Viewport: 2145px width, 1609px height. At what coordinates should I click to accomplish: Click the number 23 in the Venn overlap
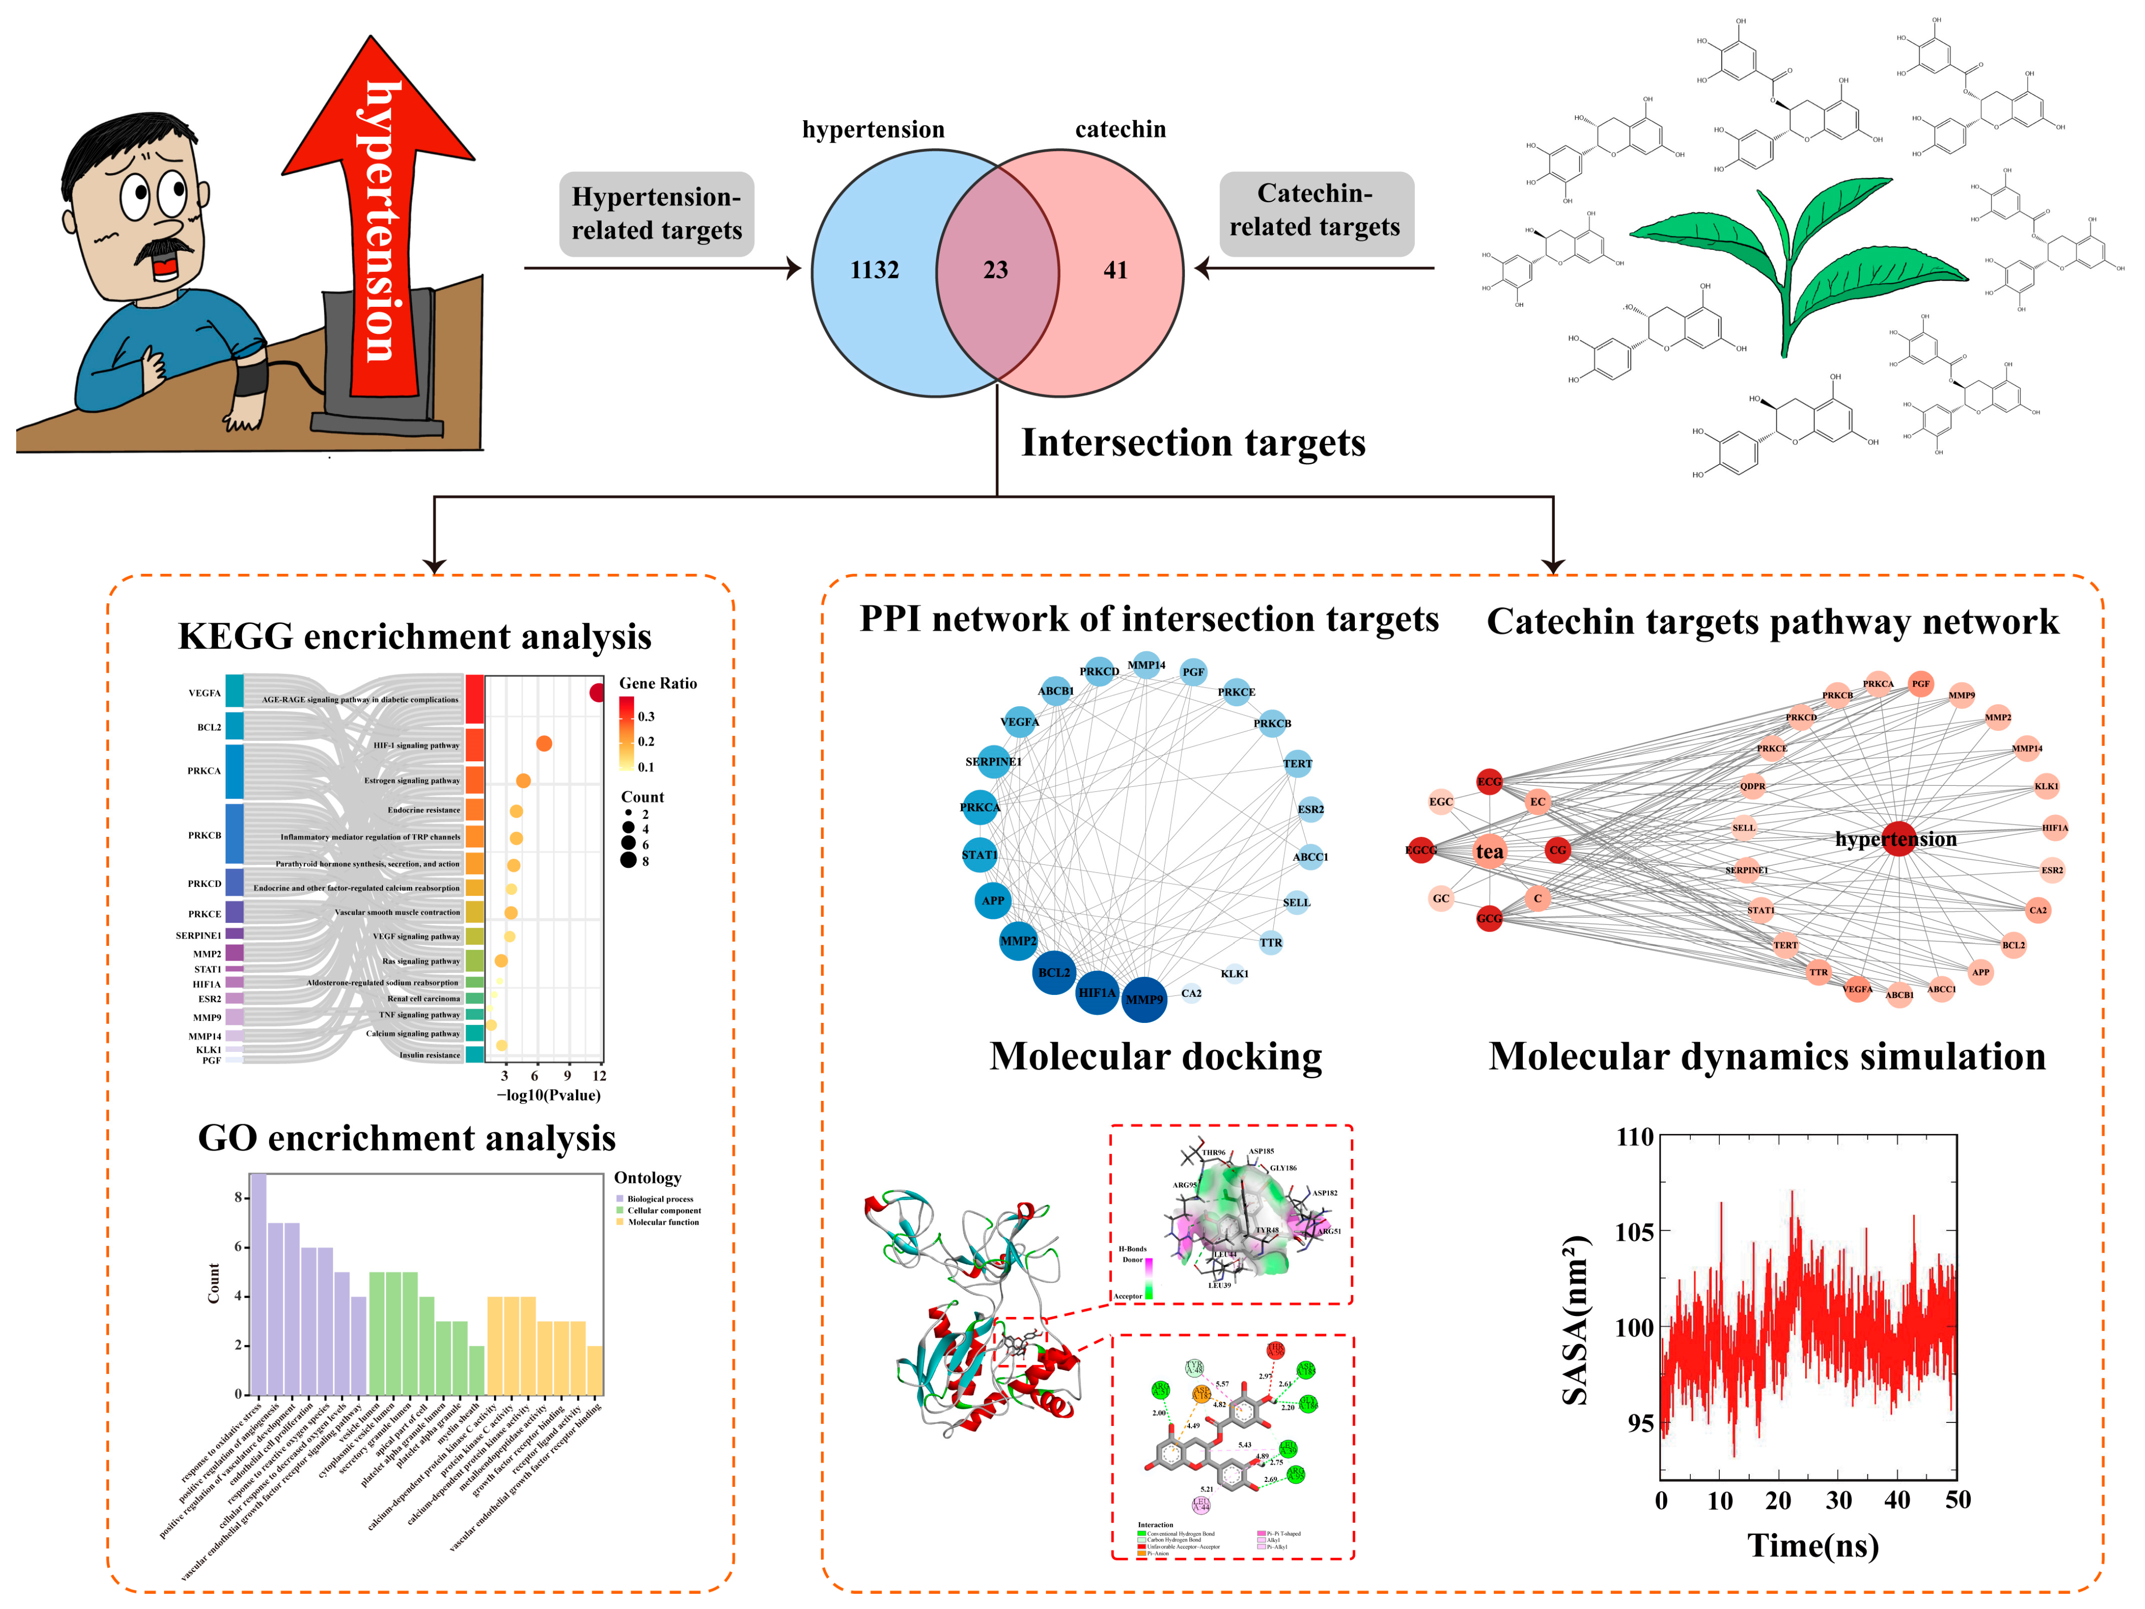[996, 270]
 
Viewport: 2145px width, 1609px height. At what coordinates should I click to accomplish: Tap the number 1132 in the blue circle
[875, 270]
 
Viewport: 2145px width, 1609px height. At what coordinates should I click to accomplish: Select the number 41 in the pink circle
[1115, 270]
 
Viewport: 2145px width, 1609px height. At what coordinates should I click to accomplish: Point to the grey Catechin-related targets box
[1316, 211]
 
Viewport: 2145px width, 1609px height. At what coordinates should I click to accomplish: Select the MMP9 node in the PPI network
[1144, 999]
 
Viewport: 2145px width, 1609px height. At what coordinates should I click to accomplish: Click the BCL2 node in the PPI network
[1054, 972]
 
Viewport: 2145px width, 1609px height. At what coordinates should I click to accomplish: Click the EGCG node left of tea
[1421, 850]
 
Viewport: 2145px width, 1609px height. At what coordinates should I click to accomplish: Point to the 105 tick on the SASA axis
[1634, 1232]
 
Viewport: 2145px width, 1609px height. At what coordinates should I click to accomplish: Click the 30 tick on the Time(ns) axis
[1839, 1501]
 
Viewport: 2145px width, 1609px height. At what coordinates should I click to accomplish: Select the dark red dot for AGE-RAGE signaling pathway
[597, 692]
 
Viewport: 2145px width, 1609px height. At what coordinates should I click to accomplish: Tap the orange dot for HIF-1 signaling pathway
[544, 744]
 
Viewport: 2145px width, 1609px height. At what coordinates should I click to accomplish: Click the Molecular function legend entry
[662, 1222]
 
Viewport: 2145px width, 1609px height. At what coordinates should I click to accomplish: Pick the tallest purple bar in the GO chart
[258, 1283]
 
